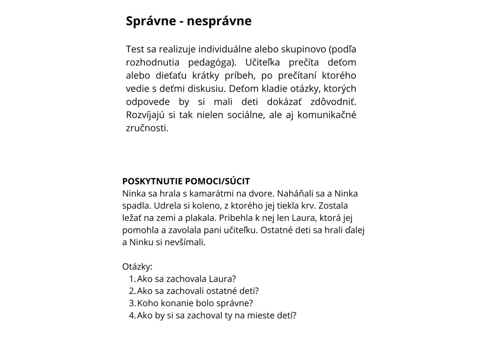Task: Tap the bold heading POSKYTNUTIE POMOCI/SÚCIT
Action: pos(186,181)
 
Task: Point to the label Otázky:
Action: pos(137,267)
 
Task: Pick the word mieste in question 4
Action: pos(265,315)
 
